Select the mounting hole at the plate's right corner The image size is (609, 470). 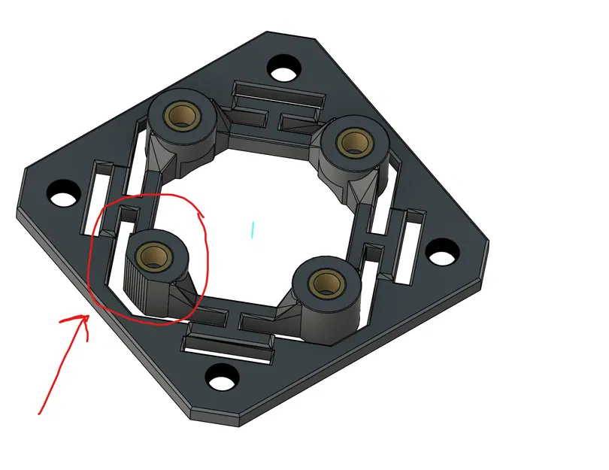click(x=443, y=250)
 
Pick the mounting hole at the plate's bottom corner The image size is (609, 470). click(x=221, y=376)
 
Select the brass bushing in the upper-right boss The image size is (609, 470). click(x=350, y=141)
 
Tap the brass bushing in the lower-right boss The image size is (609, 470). click(x=324, y=283)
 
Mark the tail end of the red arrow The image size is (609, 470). click(x=40, y=412)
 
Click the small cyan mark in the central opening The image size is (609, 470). click(x=253, y=230)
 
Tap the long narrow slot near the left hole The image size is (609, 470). click(x=103, y=188)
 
